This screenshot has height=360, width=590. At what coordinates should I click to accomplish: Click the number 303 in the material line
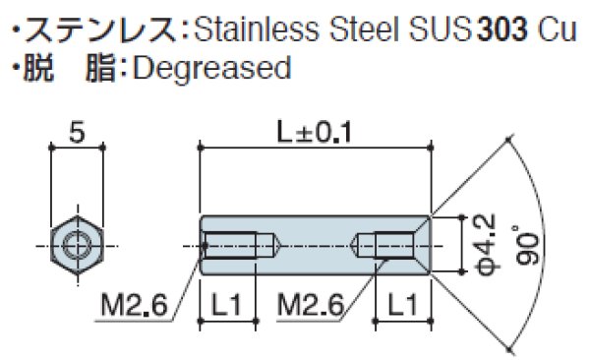504,28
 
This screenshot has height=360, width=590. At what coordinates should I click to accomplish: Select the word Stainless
247,28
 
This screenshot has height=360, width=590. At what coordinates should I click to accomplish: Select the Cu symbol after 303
558,28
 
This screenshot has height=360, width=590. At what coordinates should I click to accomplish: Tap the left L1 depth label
228,307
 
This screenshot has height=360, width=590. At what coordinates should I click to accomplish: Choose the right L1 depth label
403,307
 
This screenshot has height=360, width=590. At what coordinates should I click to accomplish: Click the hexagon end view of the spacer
76,243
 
